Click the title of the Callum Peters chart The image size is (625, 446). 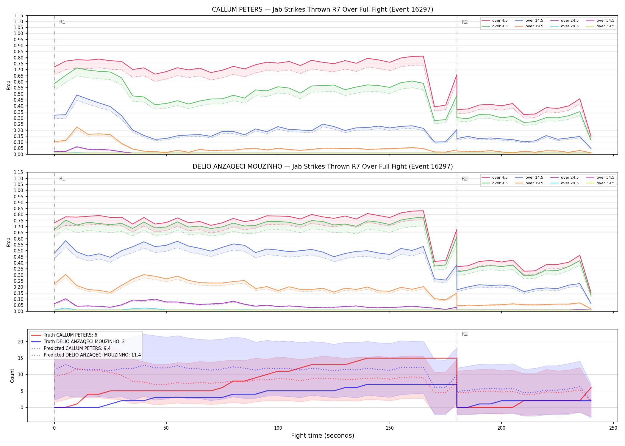[x=322, y=10]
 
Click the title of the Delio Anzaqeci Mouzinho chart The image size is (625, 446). [x=323, y=167]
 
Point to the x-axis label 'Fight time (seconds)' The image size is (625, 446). [x=323, y=436]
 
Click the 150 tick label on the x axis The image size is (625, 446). [x=390, y=428]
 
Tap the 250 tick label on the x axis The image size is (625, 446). [x=613, y=428]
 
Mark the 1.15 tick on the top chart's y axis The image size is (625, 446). [x=18, y=15]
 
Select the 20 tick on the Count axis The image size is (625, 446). [x=20, y=342]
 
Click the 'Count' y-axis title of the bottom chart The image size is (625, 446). [x=12, y=376]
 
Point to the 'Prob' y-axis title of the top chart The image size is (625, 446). [x=9, y=85]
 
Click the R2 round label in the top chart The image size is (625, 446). [x=465, y=22]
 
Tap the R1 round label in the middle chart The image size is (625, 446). [x=62, y=179]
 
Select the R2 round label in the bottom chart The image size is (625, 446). [x=465, y=334]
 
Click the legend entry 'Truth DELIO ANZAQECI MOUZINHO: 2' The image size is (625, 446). [x=84, y=342]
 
